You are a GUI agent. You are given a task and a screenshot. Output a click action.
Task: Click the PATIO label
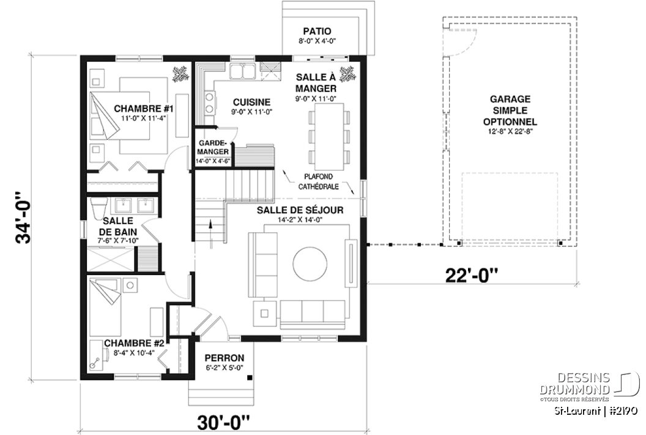tap(317, 31)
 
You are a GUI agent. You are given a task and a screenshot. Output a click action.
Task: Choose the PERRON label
tap(225, 358)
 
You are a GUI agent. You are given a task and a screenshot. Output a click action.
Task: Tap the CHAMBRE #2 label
tap(133, 344)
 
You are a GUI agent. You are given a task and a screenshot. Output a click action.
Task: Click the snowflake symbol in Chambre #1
tap(180, 74)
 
